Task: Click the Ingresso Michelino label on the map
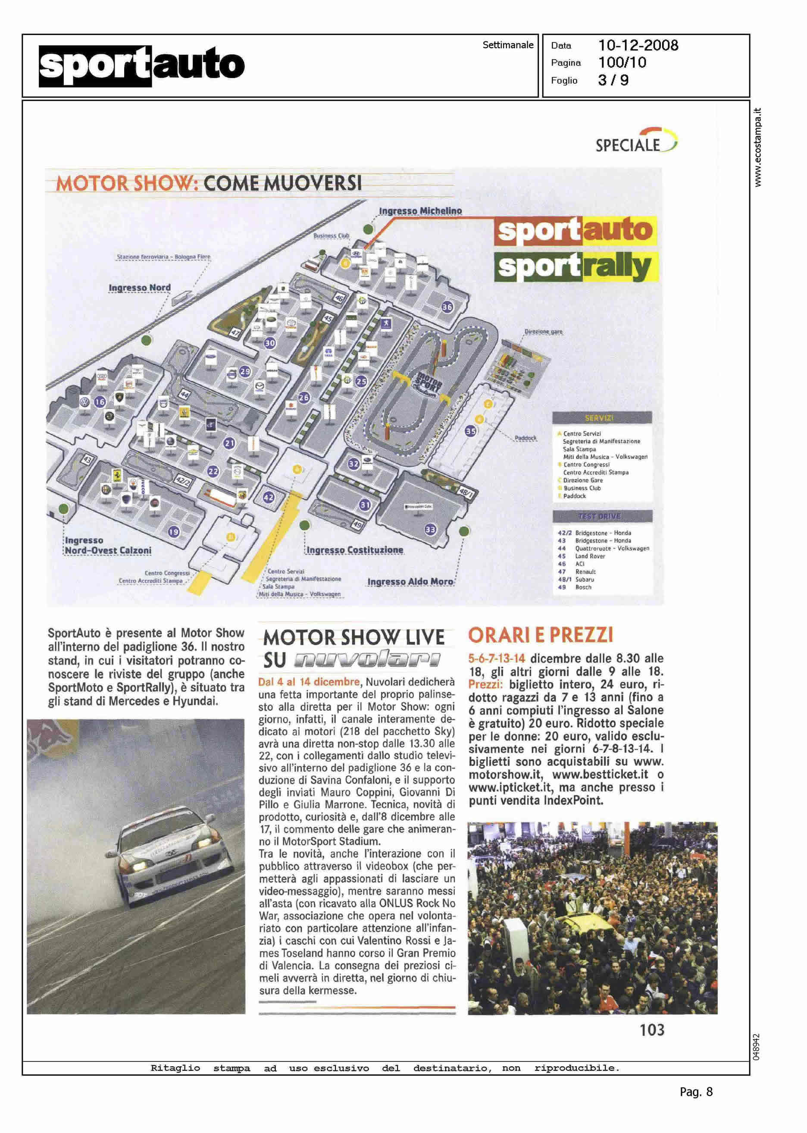tap(420, 211)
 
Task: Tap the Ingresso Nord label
tap(140, 287)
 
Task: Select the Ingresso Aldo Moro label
tap(410, 581)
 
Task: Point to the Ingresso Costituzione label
tap(355, 550)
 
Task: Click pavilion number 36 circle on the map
tap(447, 307)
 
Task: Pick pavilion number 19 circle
tap(173, 532)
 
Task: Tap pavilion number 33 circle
tap(430, 530)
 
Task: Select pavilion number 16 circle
tap(100, 402)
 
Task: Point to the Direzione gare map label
tap(544, 331)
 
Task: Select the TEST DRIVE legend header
tap(602, 517)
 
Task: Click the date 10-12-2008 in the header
tap(638, 46)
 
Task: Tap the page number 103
tap(651, 1029)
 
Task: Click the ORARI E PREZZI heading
tap(541, 635)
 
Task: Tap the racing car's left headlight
tap(140, 866)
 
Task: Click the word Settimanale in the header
tap(508, 45)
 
